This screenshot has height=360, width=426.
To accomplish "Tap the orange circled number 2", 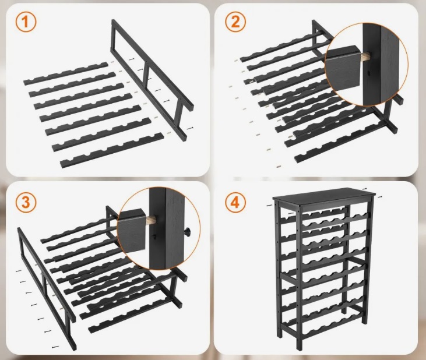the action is click(x=235, y=22).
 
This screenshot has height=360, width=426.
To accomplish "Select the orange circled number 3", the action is click(x=26, y=203).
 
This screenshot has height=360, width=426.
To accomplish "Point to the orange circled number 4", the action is click(x=235, y=203).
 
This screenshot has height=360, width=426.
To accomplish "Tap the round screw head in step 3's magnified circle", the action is click(x=187, y=231).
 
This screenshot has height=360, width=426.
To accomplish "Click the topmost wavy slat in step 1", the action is click(x=66, y=74).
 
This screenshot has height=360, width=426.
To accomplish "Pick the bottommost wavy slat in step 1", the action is click(x=112, y=150).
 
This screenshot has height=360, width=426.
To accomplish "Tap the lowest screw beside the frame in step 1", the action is click(x=190, y=128).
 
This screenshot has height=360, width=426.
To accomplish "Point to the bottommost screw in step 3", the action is click(x=55, y=347).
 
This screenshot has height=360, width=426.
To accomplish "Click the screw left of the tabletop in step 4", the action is click(x=270, y=206).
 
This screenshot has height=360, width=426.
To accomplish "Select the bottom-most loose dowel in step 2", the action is click(x=278, y=166).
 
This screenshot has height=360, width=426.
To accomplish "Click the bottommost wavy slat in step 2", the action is click(x=341, y=142).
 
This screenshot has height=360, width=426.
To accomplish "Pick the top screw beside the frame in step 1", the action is click(x=132, y=59).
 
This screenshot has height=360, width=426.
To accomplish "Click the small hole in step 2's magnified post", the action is click(x=368, y=73).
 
